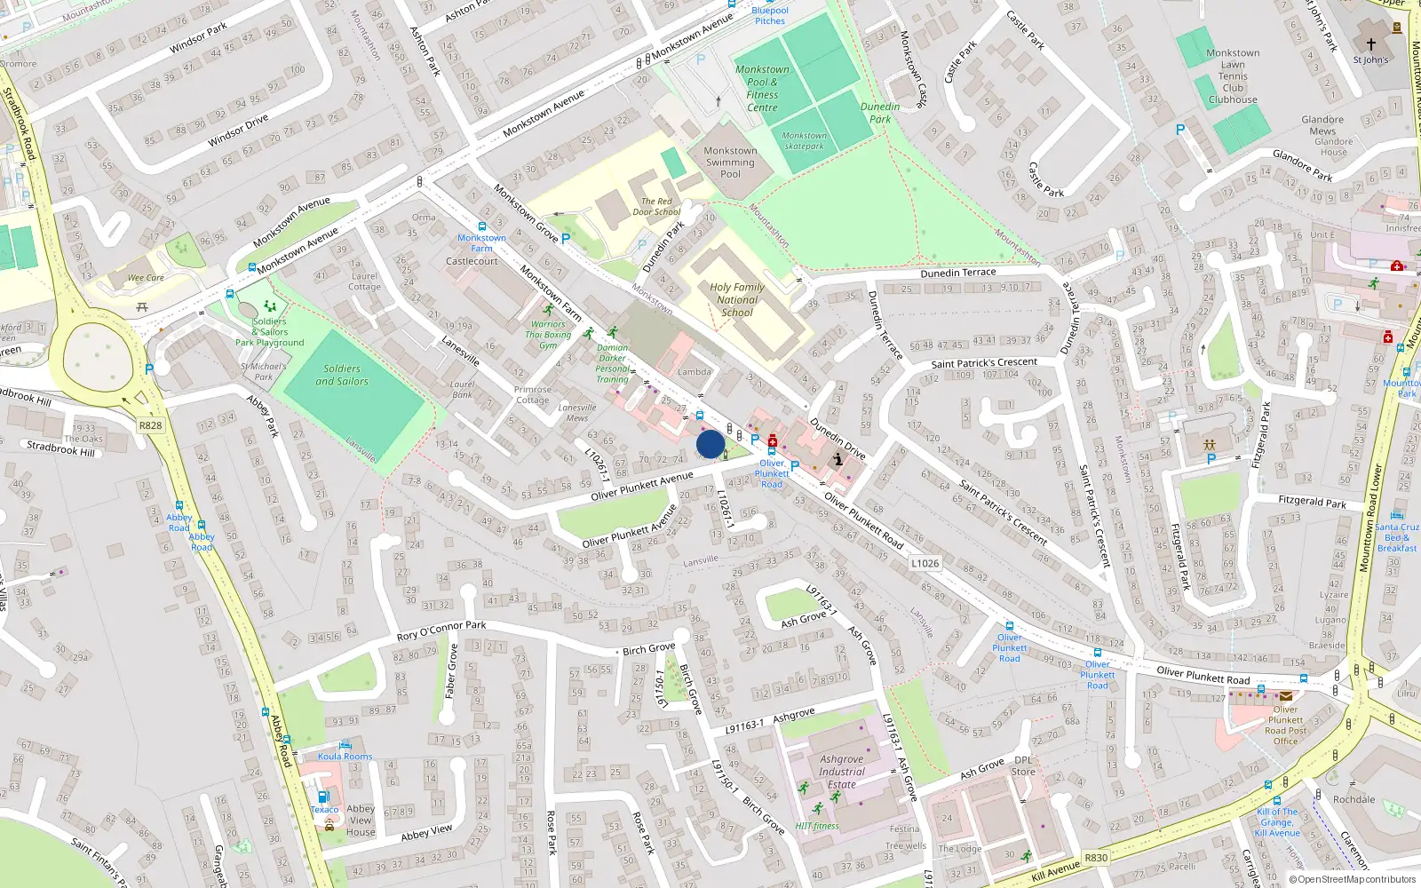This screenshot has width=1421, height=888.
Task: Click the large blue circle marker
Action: pyautogui.click(x=710, y=444)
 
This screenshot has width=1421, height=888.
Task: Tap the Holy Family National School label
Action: pyautogui.click(x=736, y=299)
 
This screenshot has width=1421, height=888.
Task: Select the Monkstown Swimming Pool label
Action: pyautogui.click(x=730, y=163)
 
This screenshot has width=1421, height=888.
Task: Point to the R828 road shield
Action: pyautogui.click(x=150, y=425)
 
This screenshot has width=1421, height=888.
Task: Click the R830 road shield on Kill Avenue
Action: pyautogui.click(x=1096, y=857)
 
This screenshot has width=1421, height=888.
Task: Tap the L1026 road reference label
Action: pyautogui.click(x=925, y=563)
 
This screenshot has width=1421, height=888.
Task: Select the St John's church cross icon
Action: pyautogui.click(x=1370, y=44)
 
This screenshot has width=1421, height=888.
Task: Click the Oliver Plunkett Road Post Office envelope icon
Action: pyautogui.click(x=1285, y=696)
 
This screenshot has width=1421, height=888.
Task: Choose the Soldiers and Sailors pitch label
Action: pyautogui.click(x=342, y=375)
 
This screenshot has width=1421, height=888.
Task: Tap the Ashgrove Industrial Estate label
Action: pyautogui.click(x=841, y=772)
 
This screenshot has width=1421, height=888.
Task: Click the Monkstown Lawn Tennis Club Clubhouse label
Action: pyautogui.click(x=1233, y=76)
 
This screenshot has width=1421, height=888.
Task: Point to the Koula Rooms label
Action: pyautogui.click(x=345, y=757)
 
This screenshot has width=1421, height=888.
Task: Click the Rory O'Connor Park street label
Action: pyautogui.click(x=441, y=630)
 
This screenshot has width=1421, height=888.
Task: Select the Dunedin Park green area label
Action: pyautogui.click(x=879, y=113)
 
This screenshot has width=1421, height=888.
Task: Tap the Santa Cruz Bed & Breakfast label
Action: pyautogui.click(x=1397, y=537)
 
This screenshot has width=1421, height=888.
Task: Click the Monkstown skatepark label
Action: pyautogui.click(x=804, y=141)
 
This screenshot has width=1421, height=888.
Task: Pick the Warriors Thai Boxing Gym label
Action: pyautogui.click(x=548, y=335)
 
